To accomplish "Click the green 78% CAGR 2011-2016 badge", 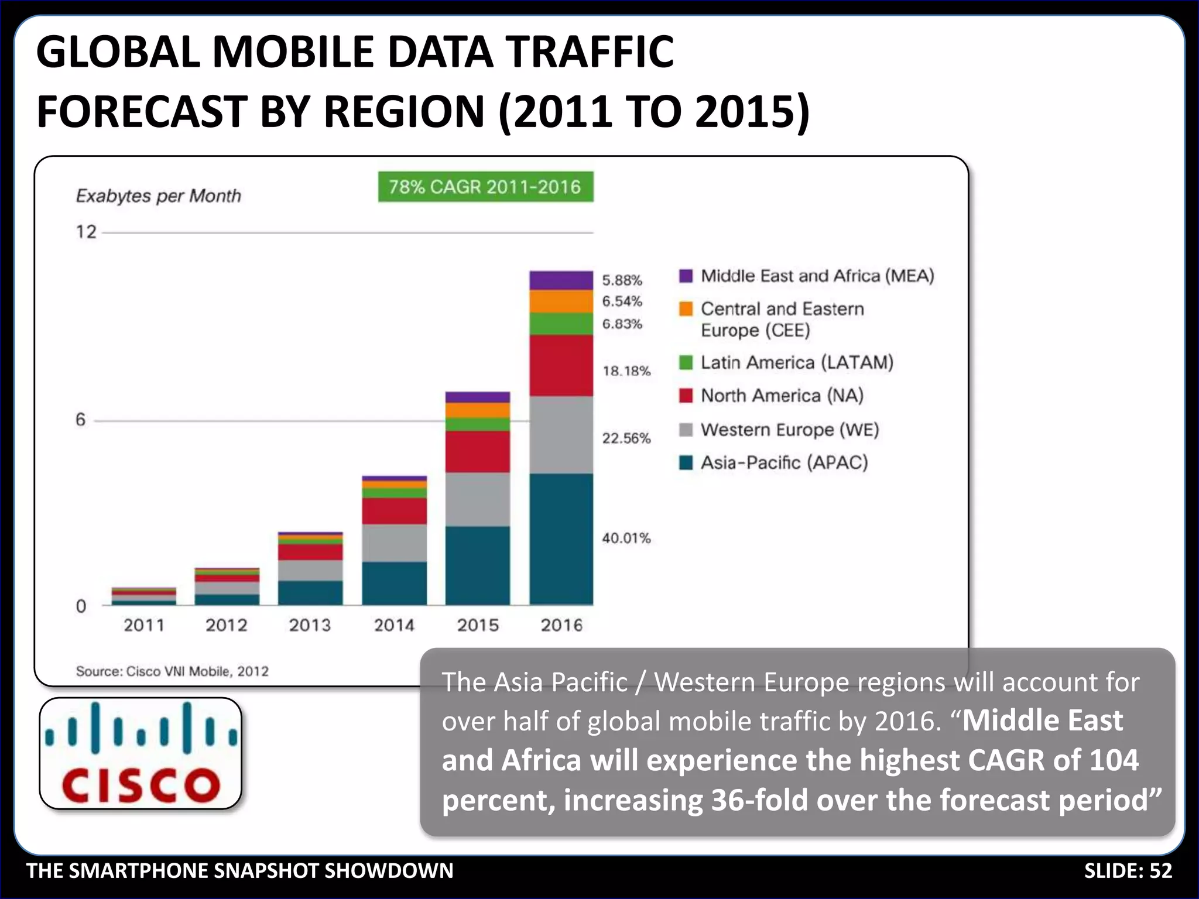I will pos(485,187).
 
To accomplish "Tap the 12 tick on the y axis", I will pos(86,232).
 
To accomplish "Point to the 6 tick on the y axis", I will pos(81,420).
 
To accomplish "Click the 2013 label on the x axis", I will pos(310,625).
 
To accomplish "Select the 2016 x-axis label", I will pos(561,625).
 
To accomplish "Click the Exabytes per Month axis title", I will pos(158,195).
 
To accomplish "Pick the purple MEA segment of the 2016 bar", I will pos(561,280).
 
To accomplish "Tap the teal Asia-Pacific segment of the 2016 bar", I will pos(561,538).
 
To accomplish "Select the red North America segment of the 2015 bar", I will pos(477,452).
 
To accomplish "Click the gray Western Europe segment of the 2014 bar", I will pos(394,543).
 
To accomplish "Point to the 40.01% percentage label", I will pos(626,538).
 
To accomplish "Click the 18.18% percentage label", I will pos(626,370).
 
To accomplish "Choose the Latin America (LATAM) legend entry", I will pos(797,362).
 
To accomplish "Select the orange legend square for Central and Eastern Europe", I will pos(686,308).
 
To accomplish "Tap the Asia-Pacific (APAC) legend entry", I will pos(784,462).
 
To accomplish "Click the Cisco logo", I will pos(141,753).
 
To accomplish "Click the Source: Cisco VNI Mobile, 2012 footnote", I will pos(172,671).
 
